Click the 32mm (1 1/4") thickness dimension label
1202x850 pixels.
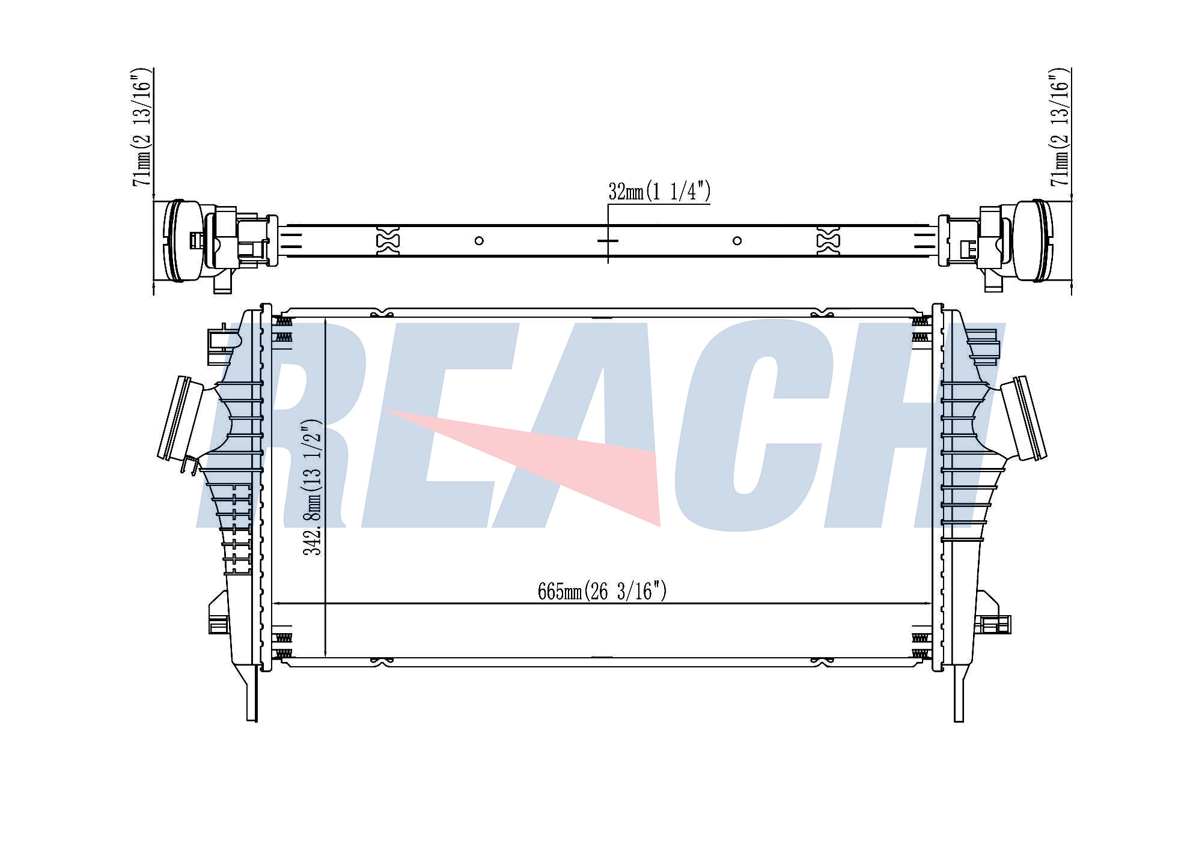coord(659,192)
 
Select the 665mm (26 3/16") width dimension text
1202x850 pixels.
coord(602,591)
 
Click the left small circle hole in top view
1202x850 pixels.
coord(479,241)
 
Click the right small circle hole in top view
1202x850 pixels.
coord(737,241)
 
